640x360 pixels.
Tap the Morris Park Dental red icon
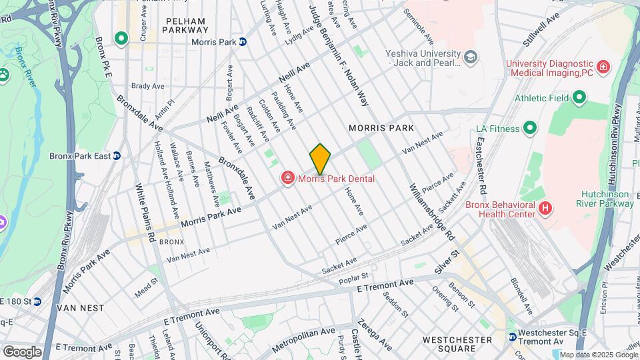287,178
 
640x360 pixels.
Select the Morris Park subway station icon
243,42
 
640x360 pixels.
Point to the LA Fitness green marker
530,127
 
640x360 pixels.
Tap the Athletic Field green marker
579,98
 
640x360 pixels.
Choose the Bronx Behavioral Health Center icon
545,209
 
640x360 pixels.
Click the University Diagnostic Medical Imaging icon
603,66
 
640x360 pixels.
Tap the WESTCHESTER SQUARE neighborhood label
458,345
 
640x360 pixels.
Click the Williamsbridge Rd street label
432,212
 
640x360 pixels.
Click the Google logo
22,351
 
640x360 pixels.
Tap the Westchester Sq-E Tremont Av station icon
511,337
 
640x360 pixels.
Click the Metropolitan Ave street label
307,339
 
